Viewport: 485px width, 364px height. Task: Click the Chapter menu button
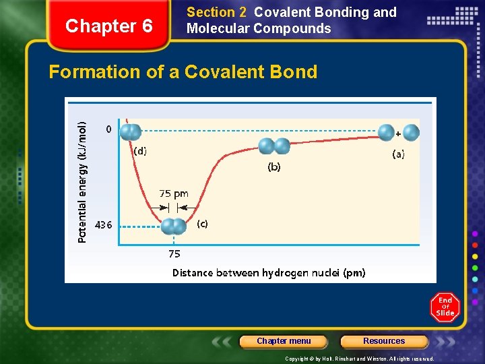[284, 341]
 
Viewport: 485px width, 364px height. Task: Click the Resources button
[384, 341]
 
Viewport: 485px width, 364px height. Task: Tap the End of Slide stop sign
[445, 307]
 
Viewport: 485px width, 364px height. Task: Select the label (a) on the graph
[399, 154]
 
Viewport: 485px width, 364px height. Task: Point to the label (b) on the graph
[274, 166]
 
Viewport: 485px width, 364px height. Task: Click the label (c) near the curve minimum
[202, 224]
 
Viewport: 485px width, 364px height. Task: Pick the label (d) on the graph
[139, 151]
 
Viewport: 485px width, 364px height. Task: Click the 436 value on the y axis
[104, 224]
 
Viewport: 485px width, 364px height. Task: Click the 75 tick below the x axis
[174, 254]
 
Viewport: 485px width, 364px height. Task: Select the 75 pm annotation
[174, 193]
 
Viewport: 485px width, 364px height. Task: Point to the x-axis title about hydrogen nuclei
[269, 273]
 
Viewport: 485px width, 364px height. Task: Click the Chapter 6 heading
[110, 26]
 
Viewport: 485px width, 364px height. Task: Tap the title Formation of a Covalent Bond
[183, 72]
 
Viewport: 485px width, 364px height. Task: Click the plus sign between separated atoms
[398, 133]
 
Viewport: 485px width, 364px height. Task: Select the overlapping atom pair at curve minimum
[174, 226]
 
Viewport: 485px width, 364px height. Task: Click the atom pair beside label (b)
[273, 146]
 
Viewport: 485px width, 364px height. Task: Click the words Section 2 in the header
[216, 12]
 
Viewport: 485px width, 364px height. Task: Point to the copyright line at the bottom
[360, 359]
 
